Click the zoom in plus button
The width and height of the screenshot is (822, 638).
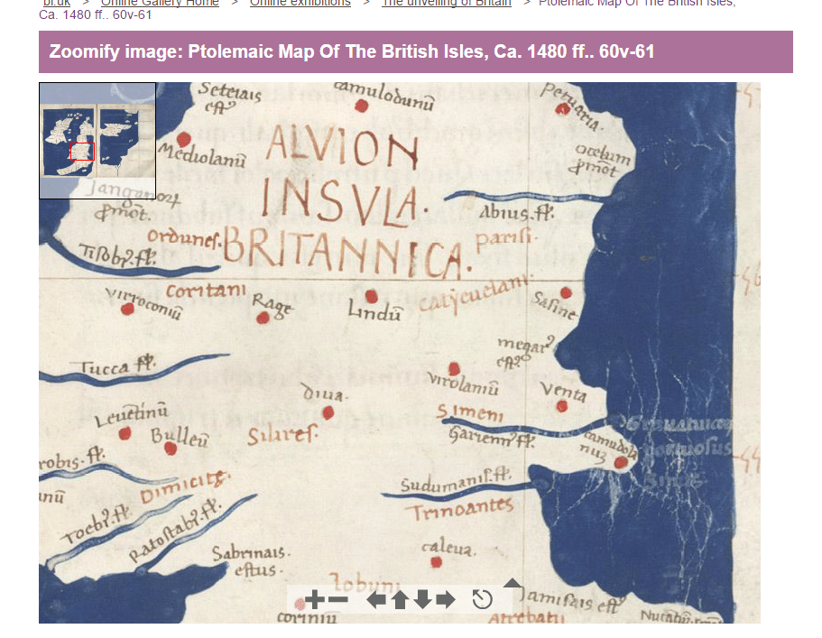pyautogui.click(x=314, y=600)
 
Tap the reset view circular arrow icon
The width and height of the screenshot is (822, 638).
pyautogui.click(x=483, y=599)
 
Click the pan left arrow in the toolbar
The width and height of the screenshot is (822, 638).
pyautogui.click(x=376, y=600)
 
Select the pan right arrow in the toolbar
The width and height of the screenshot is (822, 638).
pyautogui.click(x=446, y=600)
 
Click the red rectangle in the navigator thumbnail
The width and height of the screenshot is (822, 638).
pyautogui.click(x=82, y=152)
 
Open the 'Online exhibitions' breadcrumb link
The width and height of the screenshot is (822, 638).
pyautogui.click(x=300, y=4)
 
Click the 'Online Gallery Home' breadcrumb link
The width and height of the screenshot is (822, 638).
pyautogui.click(x=160, y=4)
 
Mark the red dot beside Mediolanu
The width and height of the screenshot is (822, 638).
pyautogui.click(x=184, y=140)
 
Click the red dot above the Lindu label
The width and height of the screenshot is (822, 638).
pyautogui.click(x=371, y=296)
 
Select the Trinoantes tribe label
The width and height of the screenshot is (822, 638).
pyautogui.click(x=458, y=510)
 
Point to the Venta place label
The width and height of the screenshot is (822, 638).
pyautogui.click(x=563, y=391)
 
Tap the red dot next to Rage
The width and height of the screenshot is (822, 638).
pyautogui.click(x=263, y=318)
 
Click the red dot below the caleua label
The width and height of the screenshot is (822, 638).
pyautogui.click(x=437, y=562)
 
